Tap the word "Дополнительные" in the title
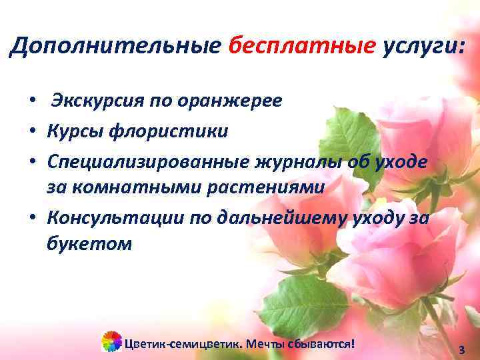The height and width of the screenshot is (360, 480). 115,46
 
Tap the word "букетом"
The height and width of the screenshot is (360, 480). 89,245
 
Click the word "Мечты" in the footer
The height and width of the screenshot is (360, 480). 265,344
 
